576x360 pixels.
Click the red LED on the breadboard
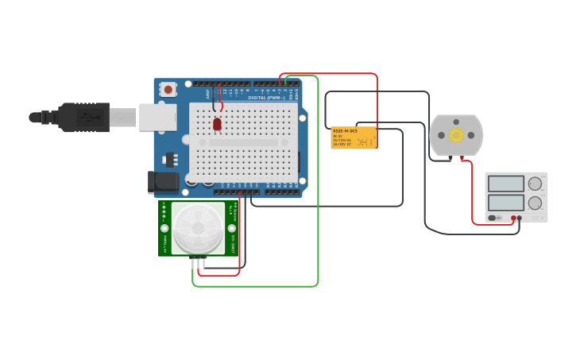(217, 124)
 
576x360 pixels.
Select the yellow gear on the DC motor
(456, 135)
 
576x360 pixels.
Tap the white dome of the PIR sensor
(198, 228)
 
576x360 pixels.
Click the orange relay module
(354, 137)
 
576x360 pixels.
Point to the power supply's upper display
(506, 184)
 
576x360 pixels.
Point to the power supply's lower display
(506, 203)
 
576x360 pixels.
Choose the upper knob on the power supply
(535, 184)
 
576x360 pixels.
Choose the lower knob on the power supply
(535, 203)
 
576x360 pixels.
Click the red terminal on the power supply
(513, 218)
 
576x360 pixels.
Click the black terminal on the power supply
(520, 218)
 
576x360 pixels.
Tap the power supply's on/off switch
(493, 218)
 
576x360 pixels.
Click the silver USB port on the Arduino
(157, 117)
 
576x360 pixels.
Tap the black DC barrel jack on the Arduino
(164, 182)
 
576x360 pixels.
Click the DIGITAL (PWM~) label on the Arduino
(267, 98)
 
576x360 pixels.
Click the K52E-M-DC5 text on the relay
(345, 130)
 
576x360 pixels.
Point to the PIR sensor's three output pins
(199, 261)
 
